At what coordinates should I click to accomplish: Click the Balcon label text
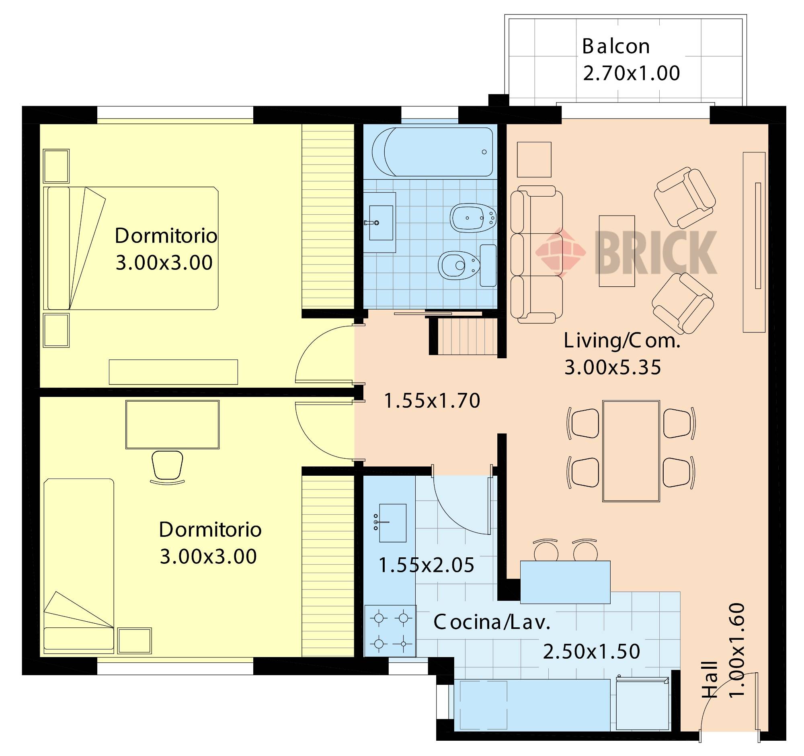click(x=616, y=47)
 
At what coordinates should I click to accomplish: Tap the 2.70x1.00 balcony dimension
click(x=631, y=73)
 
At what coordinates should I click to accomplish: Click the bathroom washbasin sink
click(x=380, y=222)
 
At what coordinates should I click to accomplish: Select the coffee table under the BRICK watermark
click(x=617, y=251)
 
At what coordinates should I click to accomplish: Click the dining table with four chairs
click(x=631, y=451)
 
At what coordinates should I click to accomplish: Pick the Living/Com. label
click(x=622, y=341)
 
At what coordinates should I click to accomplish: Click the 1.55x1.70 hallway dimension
click(x=432, y=401)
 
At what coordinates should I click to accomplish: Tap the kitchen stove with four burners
click(x=391, y=631)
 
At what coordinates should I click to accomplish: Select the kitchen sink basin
click(x=392, y=523)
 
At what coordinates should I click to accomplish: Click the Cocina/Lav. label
click(x=492, y=622)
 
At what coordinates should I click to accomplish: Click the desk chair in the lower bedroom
click(x=167, y=467)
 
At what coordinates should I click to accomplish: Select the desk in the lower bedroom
click(x=173, y=424)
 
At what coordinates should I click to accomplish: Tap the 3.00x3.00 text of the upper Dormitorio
click(x=164, y=263)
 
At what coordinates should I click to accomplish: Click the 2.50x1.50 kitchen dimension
click(x=591, y=651)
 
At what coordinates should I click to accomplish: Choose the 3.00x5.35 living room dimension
click(x=613, y=368)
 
